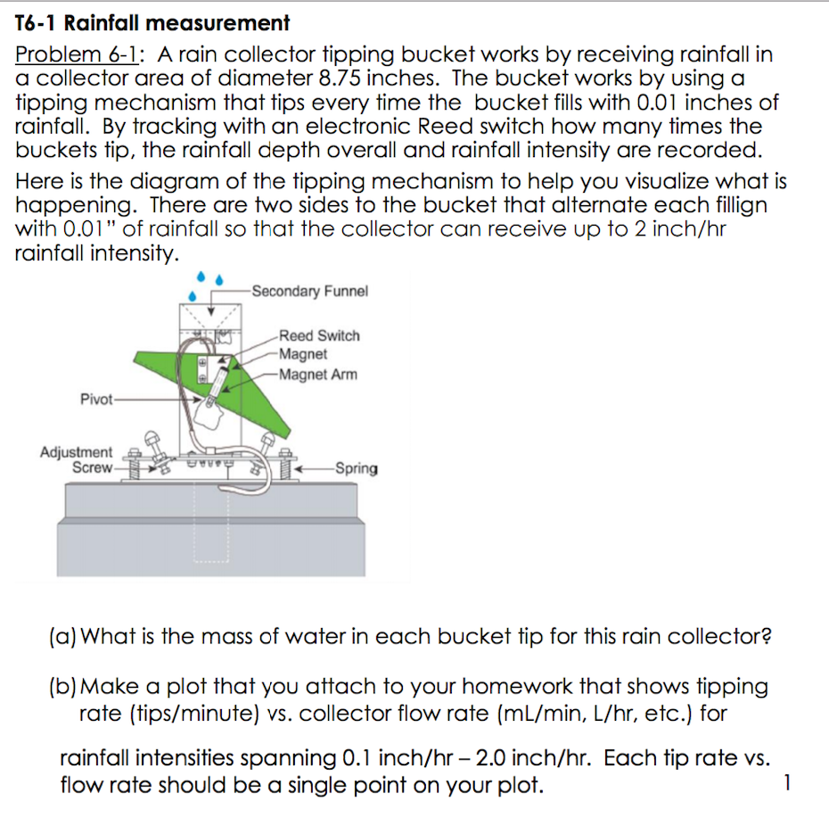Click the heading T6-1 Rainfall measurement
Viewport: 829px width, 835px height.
(x=152, y=23)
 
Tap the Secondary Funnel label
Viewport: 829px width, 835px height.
(x=309, y=291)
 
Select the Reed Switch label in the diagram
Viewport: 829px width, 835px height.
(x=319, y=335)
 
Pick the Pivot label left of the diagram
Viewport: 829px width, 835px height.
(x=96, y=399)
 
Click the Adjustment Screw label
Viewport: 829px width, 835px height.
(x=77, y=459)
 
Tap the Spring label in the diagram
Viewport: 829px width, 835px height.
(x=356, y=468)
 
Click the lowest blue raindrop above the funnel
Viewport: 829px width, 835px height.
(x=192, y=294)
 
